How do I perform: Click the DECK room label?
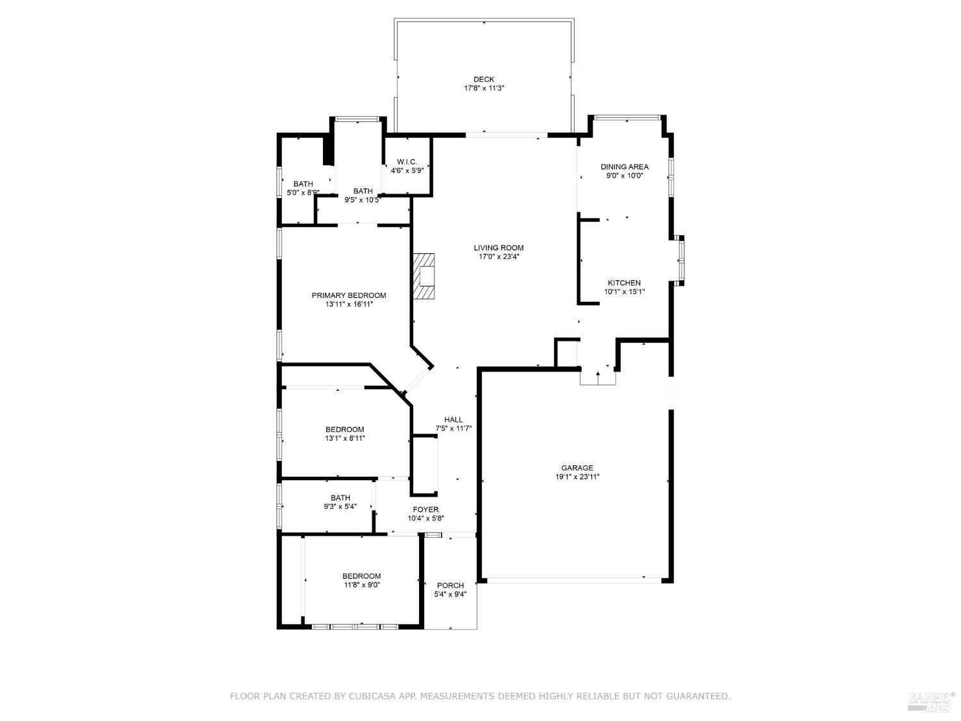click(x=484, y=79)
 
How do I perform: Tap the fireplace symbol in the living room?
click(x=424, y=276)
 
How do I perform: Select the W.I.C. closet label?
click(x=407, y=162)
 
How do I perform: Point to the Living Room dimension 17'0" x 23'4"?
click(x=498, y=257)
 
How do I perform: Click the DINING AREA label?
click(x=624, y=167)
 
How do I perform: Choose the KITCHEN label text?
click(x=624, y=283)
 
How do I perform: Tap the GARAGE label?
click(x=577, y=468)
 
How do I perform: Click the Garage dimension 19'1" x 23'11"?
click(x=577, y=477)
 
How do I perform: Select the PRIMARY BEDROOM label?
click(x=349, y=295)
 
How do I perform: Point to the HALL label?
click(x=453, y=420)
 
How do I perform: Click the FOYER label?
click(x=425, y=510)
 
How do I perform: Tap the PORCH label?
click(x=450, y=585)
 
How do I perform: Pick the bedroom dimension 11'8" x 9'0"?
click(x=361, y=584)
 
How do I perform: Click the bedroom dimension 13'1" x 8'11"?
click(x=345, y=438)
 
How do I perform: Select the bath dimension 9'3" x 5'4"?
click(x=340, y=506)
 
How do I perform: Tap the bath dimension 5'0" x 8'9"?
click(x=302, y=192)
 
